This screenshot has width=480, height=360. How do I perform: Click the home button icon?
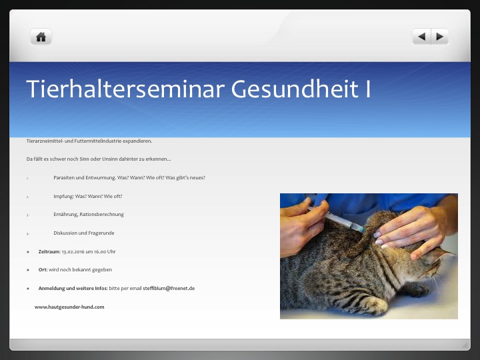click(x=41, y=37)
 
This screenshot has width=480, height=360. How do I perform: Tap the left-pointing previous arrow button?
click(x=421, y=37)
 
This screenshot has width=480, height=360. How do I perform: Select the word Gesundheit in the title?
click(x=295, y=89)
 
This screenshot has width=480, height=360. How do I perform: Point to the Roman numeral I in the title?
click(x=367, y=89)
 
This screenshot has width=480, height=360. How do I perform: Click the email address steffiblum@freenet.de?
click(x=169, y=289)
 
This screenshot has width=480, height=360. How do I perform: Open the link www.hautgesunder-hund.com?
click(x=69, y=307)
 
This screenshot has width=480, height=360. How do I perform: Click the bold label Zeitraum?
click(x=49, y=251)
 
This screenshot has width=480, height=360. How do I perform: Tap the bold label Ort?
click(x=43, y=270)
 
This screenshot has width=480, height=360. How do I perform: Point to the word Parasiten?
click(x=64, y=177)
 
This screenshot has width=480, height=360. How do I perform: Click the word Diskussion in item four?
click(x=65, y=233)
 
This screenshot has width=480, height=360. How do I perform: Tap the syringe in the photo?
click(x=337, y=219)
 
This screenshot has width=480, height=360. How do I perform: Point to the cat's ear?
click(x=441, y=253)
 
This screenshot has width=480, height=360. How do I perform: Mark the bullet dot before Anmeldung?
click(x=28, y=289)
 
